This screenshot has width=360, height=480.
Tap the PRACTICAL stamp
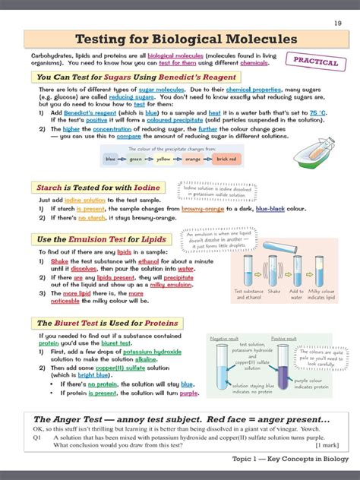pyautogui.click(x=311, y=61)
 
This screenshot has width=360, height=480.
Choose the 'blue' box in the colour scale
pyautogui.click(x=112, y=159)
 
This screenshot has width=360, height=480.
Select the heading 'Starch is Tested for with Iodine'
pyautogui.click(x=99, y=187)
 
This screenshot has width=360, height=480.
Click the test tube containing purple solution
pyautogui.click(x=284, y=371)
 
